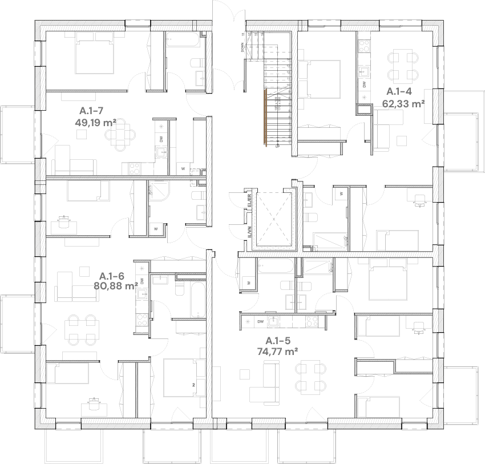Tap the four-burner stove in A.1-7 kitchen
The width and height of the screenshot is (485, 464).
click(135, 169)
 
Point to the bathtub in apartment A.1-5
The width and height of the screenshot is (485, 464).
click(275, 265)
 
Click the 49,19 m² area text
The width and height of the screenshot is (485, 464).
click(95, 122)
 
